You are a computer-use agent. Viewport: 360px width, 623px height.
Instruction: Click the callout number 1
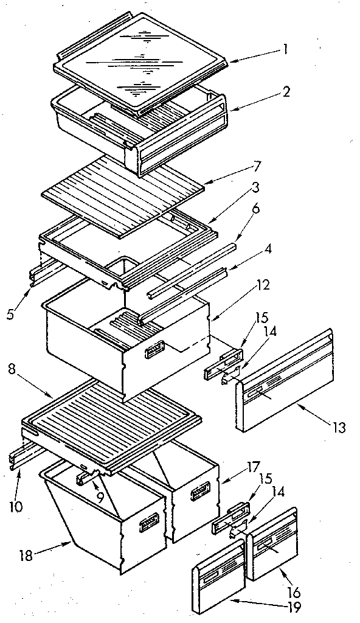[x=285, y=50]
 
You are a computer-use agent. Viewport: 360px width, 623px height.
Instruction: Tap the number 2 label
[x=286, y=92]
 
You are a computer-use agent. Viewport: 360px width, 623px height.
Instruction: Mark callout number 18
[x=24, y=554]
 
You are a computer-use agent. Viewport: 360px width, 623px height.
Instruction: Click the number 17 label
[x=237, y=469]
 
